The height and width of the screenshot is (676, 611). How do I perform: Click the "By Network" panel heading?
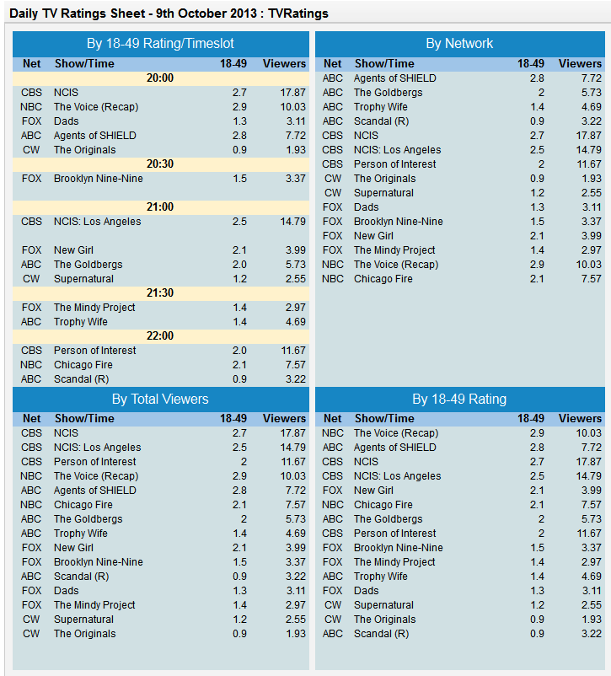pyautogui.click(x=459, y=44)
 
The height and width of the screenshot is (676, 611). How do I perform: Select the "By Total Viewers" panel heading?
pyautogui.click(x=160, y=400)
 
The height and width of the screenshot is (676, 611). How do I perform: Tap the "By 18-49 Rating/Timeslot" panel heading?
pyautogui.click(x=160, y=44)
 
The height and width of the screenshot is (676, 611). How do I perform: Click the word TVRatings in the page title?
pyautogui.click(x=298, y=13)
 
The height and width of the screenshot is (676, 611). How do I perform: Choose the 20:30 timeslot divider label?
pyautogui.click(x=160, y=164)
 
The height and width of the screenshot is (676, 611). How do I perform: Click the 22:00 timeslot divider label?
pyautogui.click(x=160, y=336)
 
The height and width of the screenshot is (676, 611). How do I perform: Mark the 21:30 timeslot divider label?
pyautogui.click(x=160, y=293)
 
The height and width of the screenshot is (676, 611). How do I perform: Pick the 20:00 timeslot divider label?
pyautogui.click(x=160, y=78)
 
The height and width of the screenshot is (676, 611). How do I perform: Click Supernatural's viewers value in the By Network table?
pyautogui.click(x=591, y=193)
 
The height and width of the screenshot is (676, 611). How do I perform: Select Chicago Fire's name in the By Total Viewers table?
pyautogui.click(x=83, y=505)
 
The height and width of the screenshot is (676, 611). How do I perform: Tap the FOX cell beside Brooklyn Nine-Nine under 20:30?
pyautogui.click(x=31, y=179)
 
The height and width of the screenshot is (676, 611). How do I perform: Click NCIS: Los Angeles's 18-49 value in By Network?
pyautogui.click(x=537, y=150)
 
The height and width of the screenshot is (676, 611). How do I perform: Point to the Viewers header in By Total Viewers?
pyautogui.click(x=284, y=419)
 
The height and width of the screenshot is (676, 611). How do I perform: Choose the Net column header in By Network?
pyautogui.click(x=332, y=64)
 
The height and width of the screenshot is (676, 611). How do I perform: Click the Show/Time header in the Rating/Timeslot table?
pyautogui.click(x=84, y=64)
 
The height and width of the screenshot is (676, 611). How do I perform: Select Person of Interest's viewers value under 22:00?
pyautogui.click(x=293, y=351)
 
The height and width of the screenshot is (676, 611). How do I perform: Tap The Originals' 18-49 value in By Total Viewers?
pyautogui.click(x=239, y=634)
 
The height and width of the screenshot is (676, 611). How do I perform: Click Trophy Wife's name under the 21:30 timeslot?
pyautogui.click(x=81, y=322)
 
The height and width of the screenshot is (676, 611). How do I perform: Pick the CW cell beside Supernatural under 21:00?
pyautogui.click(x=31, y=279)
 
